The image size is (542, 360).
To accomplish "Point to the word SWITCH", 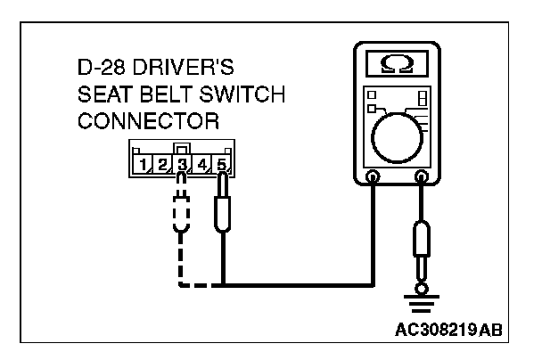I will point(217,94).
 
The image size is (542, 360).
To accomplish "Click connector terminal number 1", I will point(143,164).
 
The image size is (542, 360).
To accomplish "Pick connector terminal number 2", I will point(162,164).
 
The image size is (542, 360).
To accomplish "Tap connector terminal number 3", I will point(182,164).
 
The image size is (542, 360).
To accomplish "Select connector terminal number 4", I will point(202,164).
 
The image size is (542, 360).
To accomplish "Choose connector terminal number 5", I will point(222,164).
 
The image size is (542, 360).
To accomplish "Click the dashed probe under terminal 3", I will point(182,219).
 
